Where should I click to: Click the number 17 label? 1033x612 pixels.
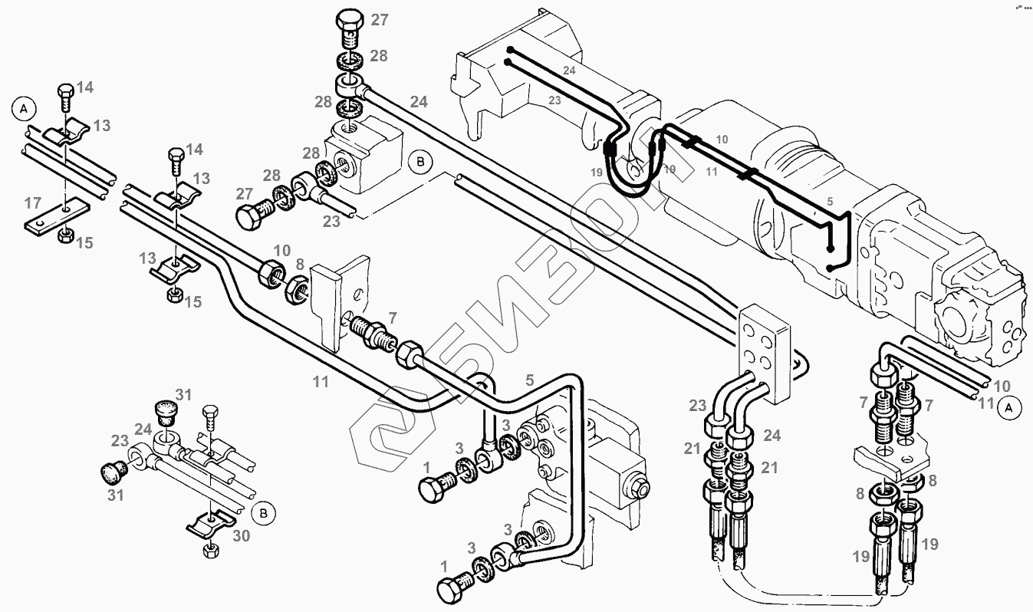point(32,203)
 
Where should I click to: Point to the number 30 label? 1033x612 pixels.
point(242,537)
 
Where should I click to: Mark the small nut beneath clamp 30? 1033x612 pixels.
point(209,550)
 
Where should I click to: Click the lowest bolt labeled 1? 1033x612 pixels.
point(452,589)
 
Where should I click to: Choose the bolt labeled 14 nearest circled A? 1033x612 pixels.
point(64,97)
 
